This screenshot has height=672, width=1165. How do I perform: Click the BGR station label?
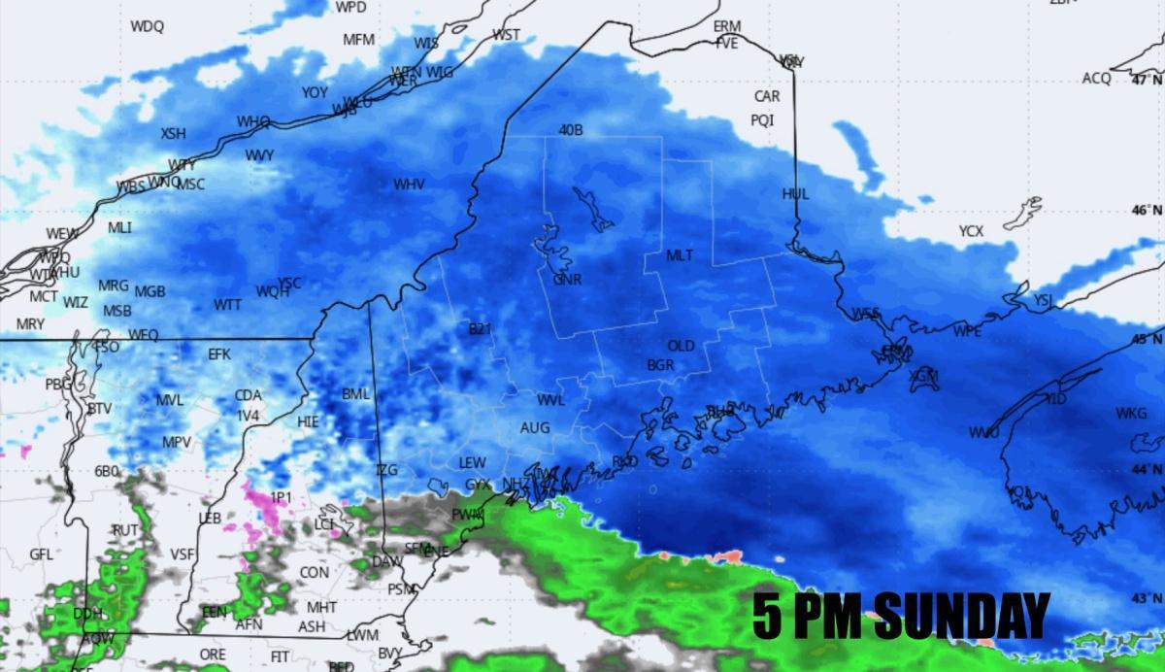[660, 365]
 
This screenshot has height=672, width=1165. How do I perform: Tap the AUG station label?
[535, 427]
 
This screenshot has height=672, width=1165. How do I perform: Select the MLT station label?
[680, 255]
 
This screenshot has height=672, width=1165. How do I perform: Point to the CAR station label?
[767, 96]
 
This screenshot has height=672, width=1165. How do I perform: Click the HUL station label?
[795, 194]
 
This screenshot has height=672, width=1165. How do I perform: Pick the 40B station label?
[571, 130]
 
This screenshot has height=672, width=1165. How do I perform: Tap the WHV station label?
[409, 184]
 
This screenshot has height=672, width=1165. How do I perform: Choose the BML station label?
[356, 394]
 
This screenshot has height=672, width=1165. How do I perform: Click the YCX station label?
[971, 231]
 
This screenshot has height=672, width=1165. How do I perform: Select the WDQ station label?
[148, 26]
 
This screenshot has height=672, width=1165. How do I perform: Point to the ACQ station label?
[1096, 79]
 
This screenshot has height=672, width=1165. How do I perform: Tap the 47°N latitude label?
[1146, 80]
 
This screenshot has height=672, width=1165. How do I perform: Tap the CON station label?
[314, 573]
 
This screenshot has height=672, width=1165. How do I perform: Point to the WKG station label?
[1131, 414]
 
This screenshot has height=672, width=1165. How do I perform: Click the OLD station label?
[681, 346]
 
